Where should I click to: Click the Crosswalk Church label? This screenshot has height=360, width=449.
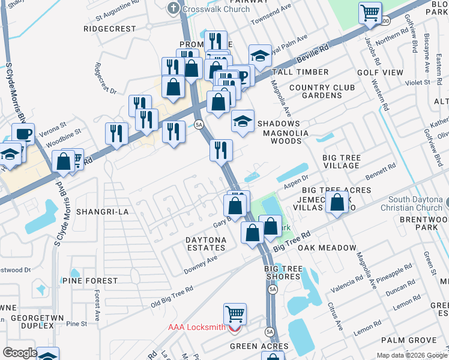(209, 9)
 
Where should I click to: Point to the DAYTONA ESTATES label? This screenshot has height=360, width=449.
(206, 244)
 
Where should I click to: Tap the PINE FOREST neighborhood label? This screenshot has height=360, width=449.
(90, 280)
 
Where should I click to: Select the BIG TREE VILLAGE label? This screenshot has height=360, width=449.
(342, 162)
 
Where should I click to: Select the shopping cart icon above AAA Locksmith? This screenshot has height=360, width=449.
(235, 313)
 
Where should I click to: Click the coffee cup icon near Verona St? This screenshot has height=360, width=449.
(23, 134)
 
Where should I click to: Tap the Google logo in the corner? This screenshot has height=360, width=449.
(20, 353)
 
